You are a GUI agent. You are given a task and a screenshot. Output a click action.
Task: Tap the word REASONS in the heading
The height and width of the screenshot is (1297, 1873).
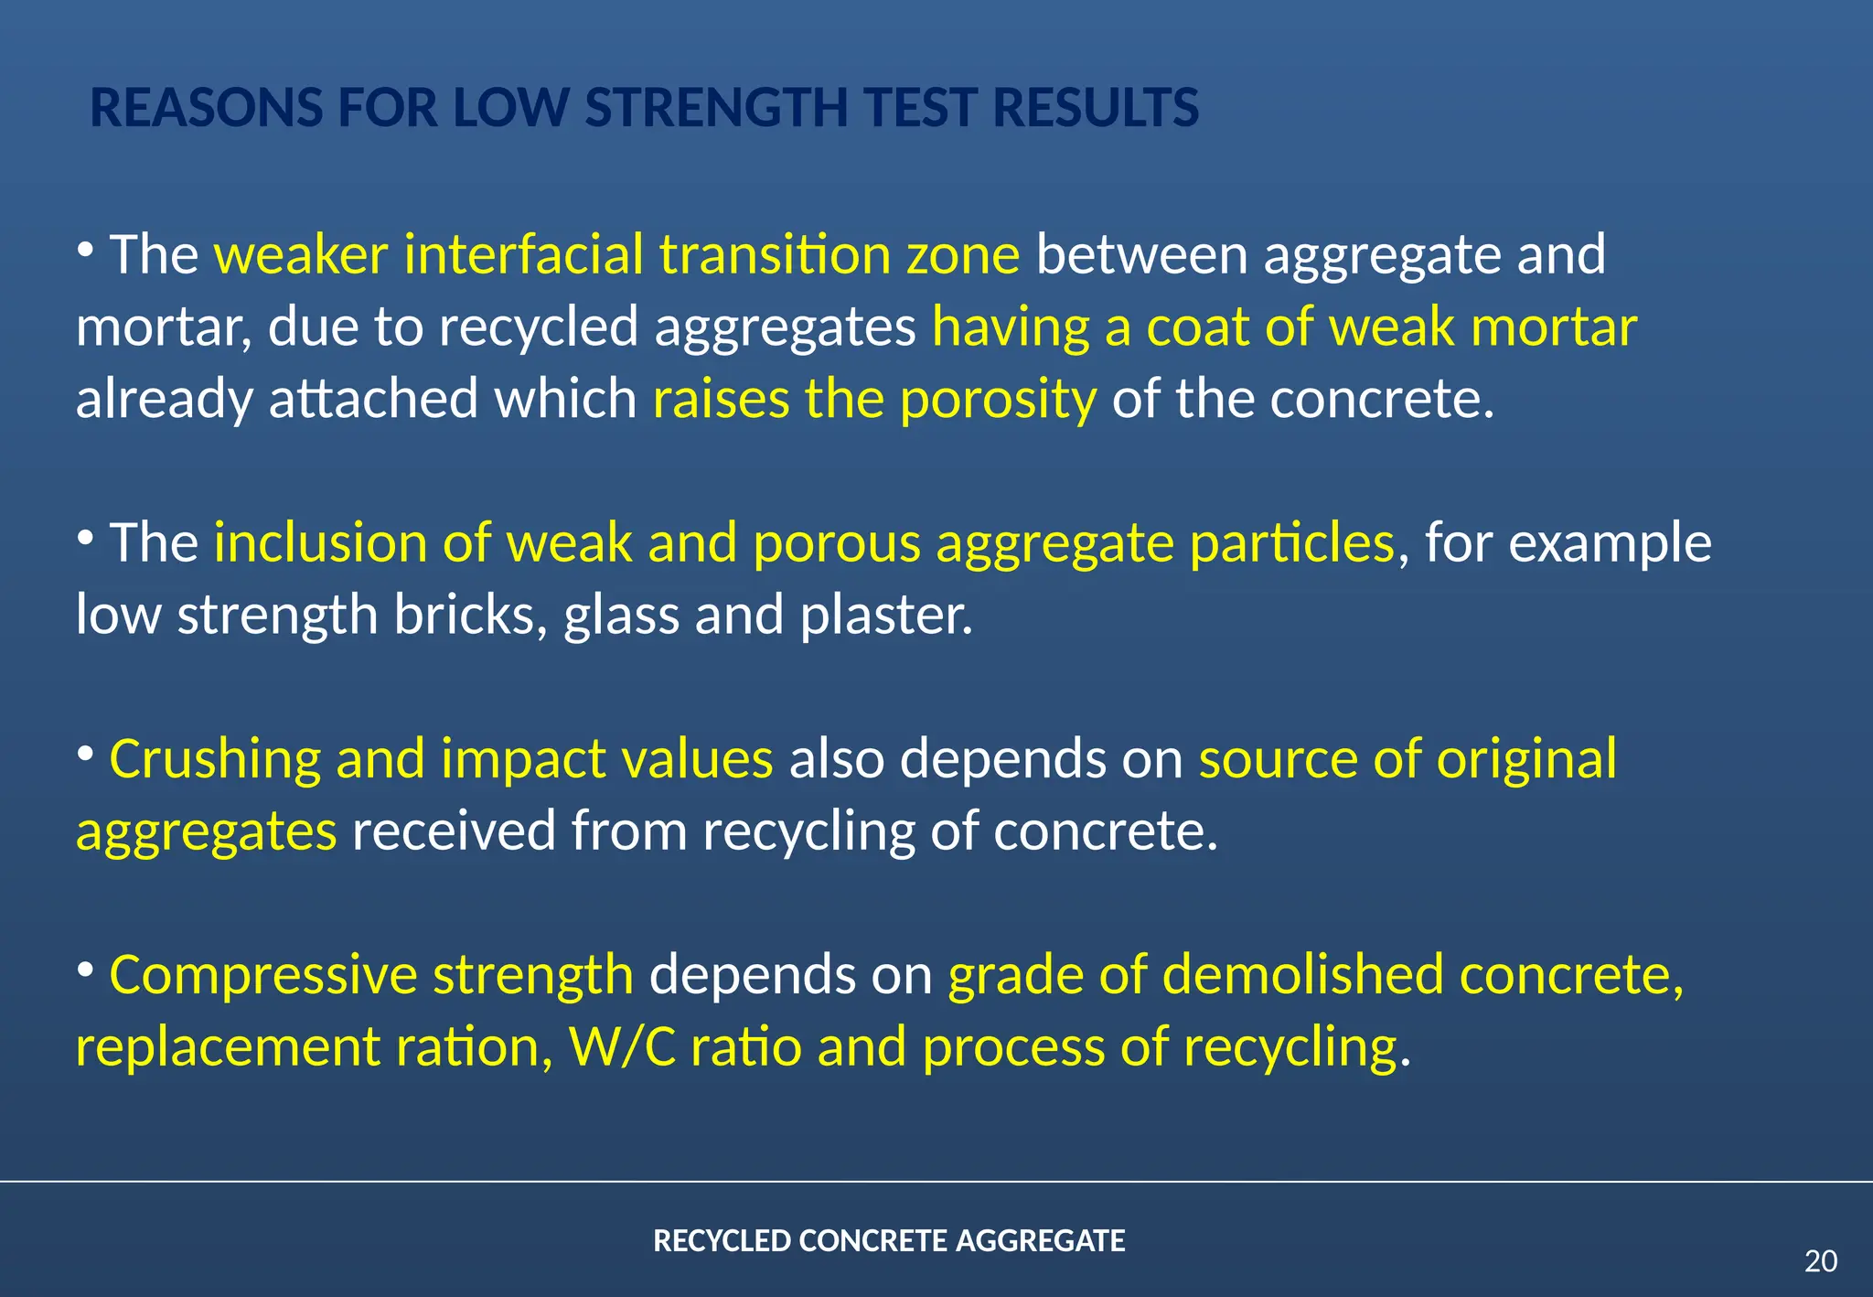click(x=207, y=108)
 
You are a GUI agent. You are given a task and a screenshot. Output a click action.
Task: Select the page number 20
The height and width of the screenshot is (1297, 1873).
click(x=1820, y=1261)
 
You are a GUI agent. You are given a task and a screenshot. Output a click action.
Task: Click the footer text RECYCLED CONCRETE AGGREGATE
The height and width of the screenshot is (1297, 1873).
click(x=889, y=1241)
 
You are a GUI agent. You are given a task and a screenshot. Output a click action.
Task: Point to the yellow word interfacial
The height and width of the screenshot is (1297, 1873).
click(x=524, y=254)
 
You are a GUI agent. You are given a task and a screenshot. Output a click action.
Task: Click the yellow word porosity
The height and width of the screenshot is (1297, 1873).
click(x=998, y=400)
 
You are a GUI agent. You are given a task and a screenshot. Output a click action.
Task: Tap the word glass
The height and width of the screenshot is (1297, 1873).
click(x=621, y=615)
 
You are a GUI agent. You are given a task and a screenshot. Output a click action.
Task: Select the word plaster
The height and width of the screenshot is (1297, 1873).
click(x=885, y=615)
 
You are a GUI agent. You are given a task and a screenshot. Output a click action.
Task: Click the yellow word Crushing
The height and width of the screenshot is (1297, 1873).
click(x=215, y=759)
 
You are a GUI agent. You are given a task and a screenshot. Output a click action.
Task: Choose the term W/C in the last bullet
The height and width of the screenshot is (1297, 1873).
click(x=623, y=1047)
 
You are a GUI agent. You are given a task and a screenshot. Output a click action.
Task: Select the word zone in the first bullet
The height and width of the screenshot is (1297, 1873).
click(x=963, y=254)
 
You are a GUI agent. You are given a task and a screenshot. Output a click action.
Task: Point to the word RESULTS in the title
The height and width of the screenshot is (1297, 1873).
click(x=1096, y=108)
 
